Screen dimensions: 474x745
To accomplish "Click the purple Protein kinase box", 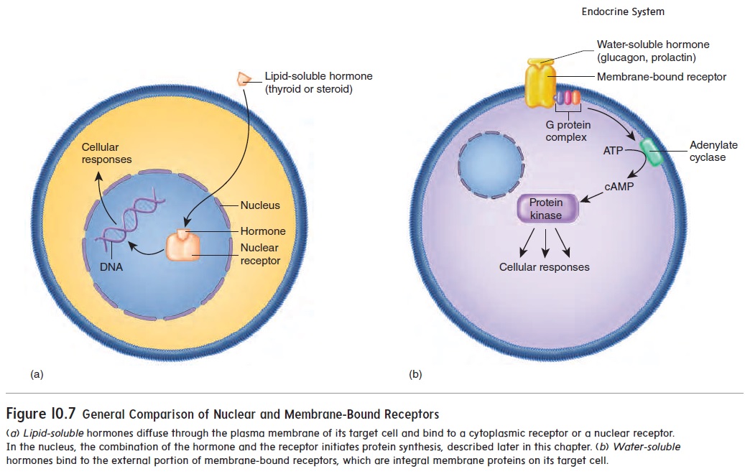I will pyautogui.click(x=546, y=209).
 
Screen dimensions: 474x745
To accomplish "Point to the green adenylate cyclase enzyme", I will pyautogui.click(x=653, y=152).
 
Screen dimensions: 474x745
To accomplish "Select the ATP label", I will pyautogui.click(x=613, y=152).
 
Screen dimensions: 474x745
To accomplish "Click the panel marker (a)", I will pyautogui.click(x=37, y=374).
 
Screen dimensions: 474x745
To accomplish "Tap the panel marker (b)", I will pyautogui.click(x=415, y=374).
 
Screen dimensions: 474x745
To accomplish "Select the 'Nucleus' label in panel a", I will pyautogui.click(x=260, y=205).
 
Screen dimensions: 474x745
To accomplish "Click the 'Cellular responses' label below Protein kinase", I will pyautogui.click(x=544, y=267).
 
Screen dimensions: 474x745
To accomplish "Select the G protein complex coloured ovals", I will pyautogui.click(x=567, y=97).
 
